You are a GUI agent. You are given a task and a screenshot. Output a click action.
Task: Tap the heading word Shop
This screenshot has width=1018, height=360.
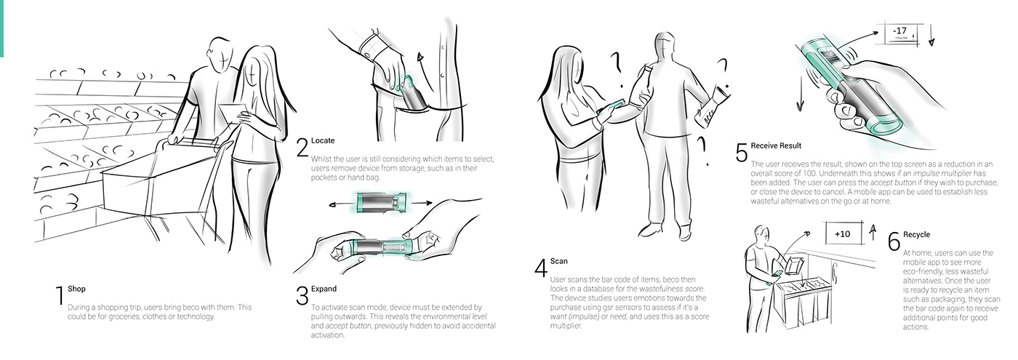76,289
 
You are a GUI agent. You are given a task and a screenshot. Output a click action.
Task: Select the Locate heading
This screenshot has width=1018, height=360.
323,140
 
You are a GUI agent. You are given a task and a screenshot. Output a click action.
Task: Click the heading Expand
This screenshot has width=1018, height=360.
324,289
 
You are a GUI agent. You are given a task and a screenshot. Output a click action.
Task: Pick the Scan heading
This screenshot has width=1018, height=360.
559,261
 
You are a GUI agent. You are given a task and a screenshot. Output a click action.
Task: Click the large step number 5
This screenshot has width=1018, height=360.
742,152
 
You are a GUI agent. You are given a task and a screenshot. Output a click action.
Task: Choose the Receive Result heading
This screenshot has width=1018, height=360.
776,145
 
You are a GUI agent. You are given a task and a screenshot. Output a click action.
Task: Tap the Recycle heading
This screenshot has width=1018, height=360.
916,234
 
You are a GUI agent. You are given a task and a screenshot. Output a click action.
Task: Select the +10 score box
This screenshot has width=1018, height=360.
843,233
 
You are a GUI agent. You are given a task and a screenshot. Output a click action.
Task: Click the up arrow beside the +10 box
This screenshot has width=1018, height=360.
872,232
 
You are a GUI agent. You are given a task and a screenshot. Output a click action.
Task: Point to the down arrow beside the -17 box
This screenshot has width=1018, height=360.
931,35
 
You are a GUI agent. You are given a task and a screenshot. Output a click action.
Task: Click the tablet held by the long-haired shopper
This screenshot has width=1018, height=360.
233,113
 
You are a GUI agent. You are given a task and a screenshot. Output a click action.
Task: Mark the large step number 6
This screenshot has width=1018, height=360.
894,241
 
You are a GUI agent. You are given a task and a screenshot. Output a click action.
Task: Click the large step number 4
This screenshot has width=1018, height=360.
541,268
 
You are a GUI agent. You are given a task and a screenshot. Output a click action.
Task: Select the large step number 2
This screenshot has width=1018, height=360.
302,147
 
